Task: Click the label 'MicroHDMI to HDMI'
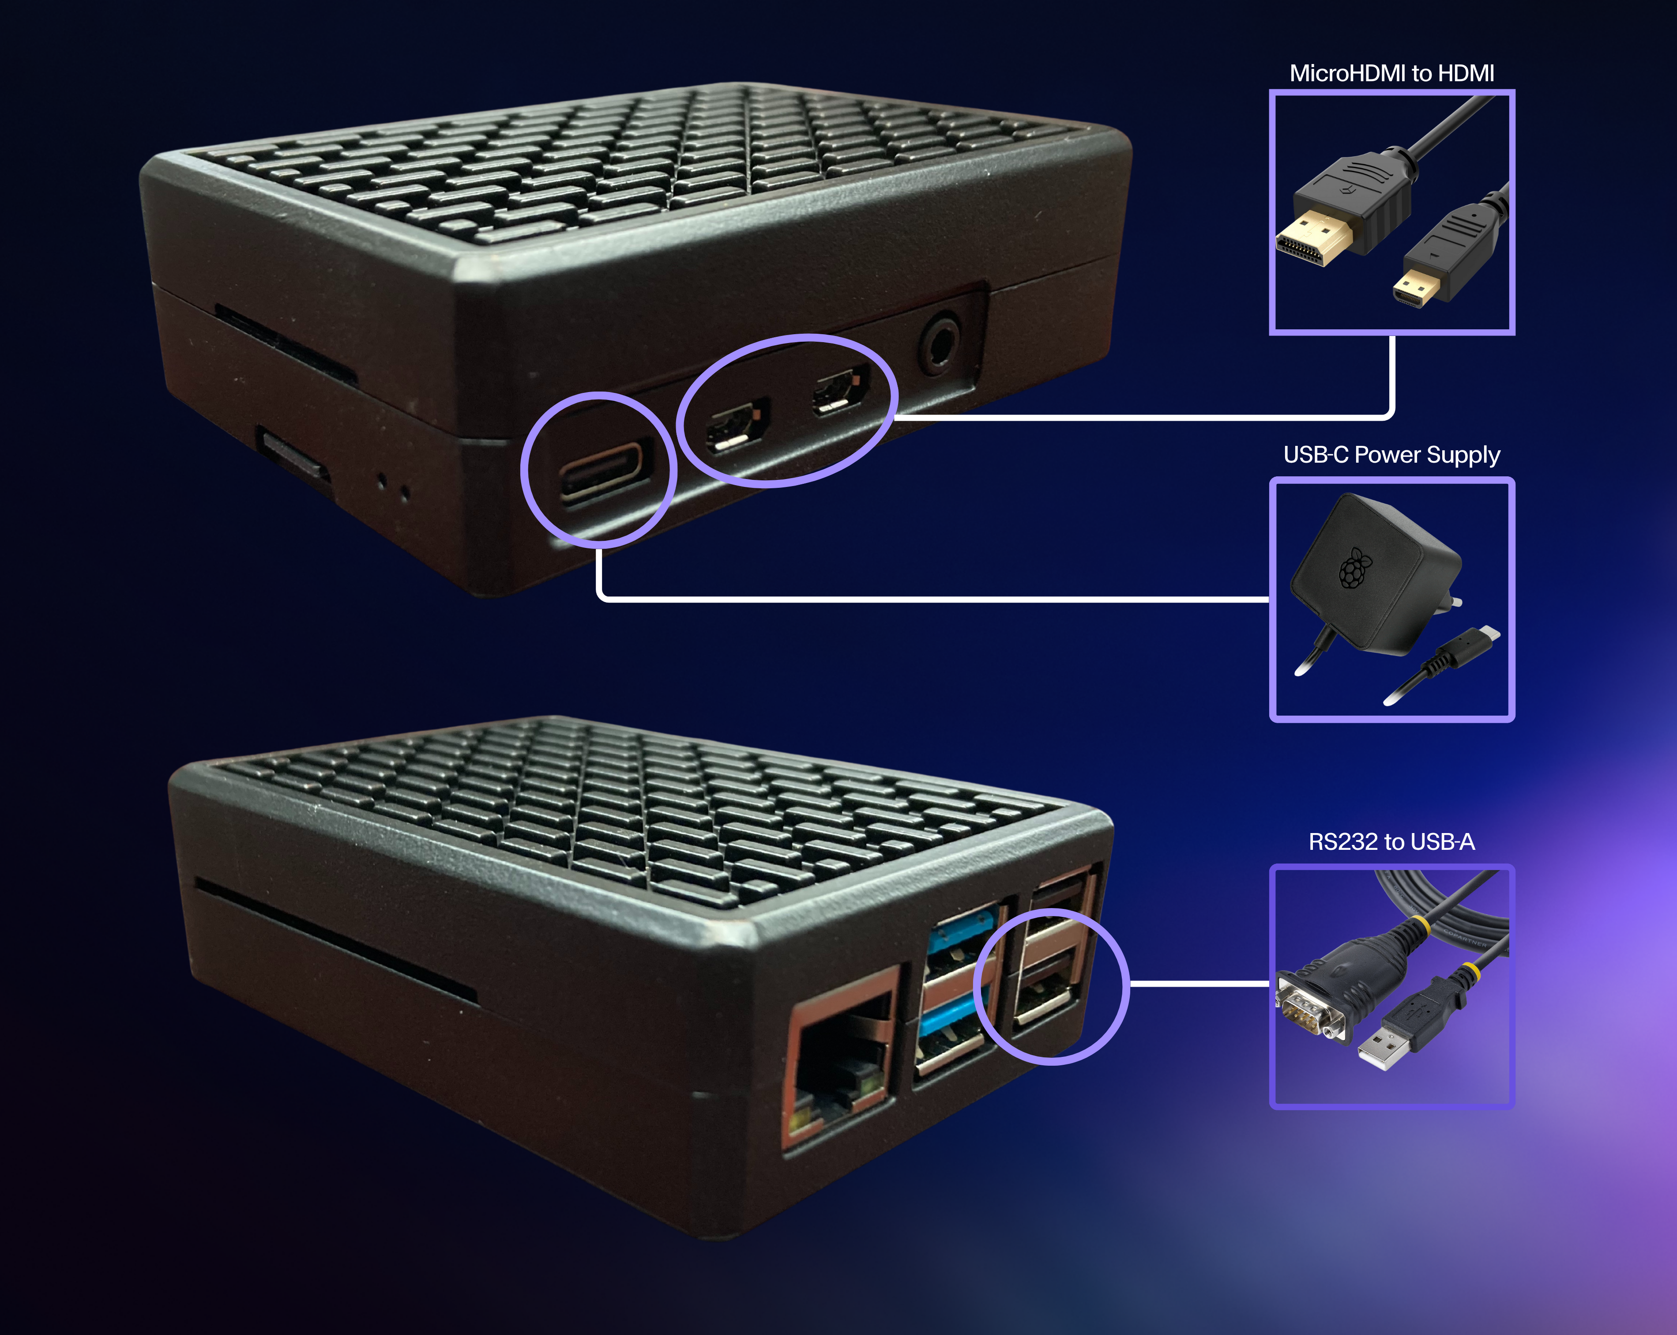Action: pyautogui.click(x=1391, y=73)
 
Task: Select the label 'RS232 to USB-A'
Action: pyautogui.click(x=1391, y=842)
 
